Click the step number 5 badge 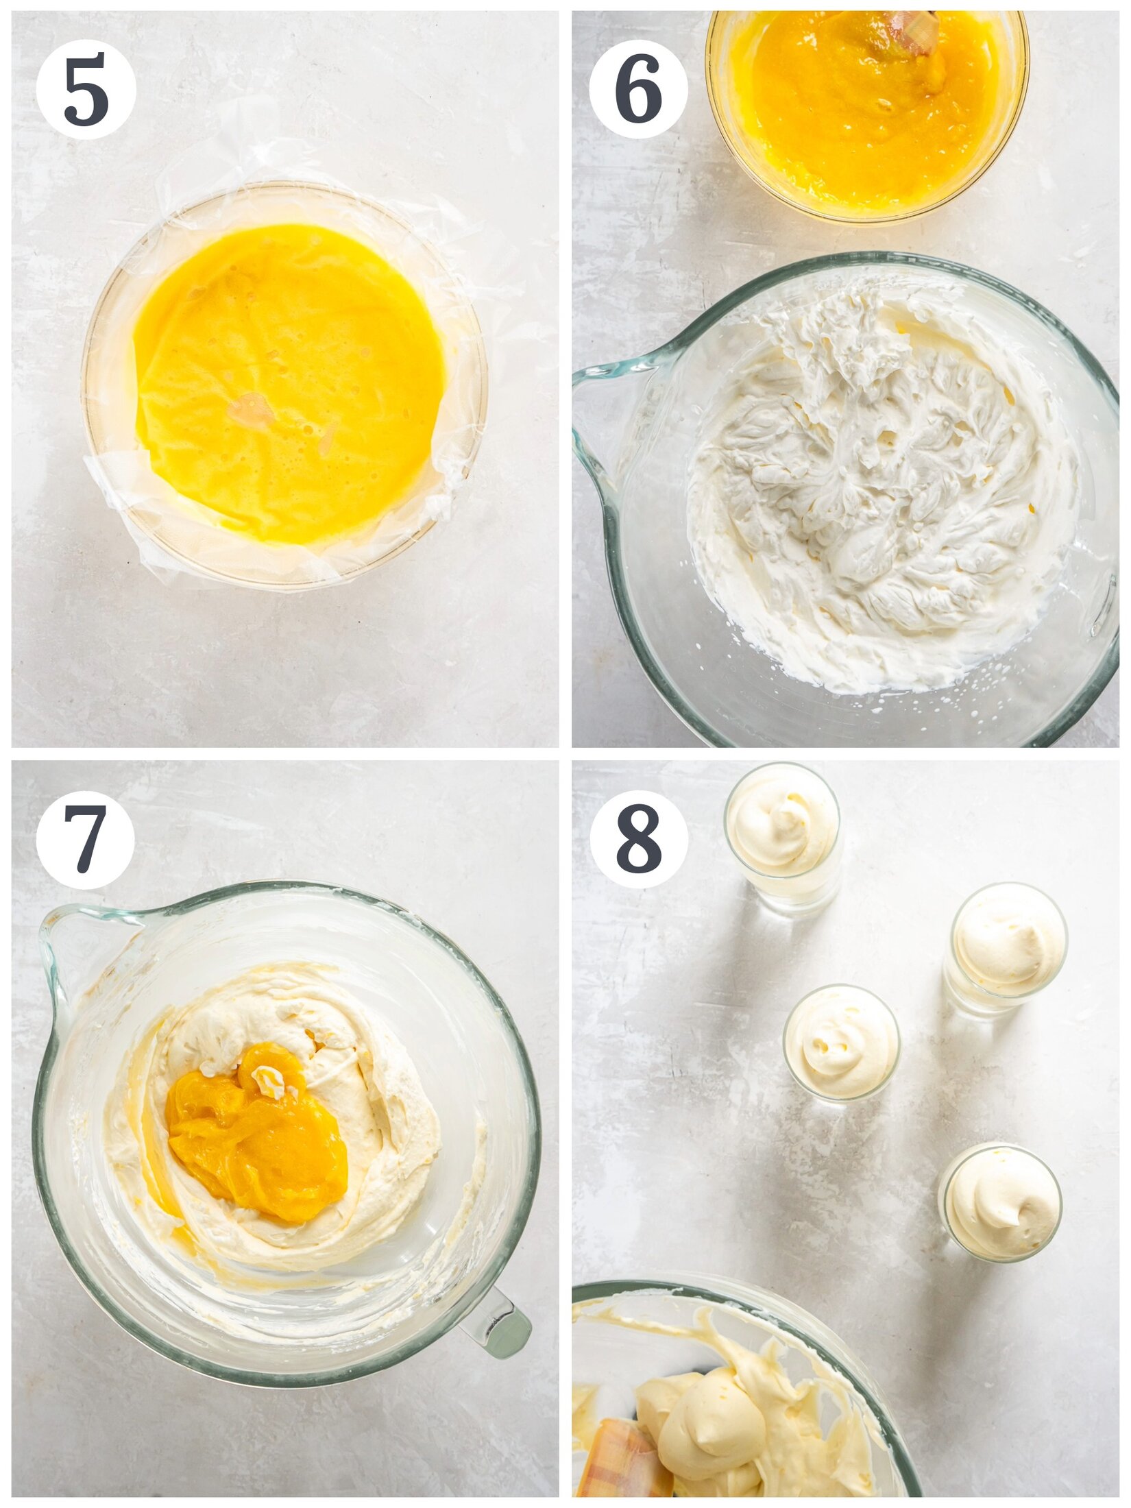pos(86,89)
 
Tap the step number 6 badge pos(638,89)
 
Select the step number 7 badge pos(86,839)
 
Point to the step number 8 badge pos(638,839)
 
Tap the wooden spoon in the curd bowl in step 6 pos(915,31)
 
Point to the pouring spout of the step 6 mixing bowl pos(596,398)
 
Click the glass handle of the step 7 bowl pos(497,1326)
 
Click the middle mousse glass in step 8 pos(841,1042)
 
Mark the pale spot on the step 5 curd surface pos(251,410)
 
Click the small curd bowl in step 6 pos(867,113)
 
